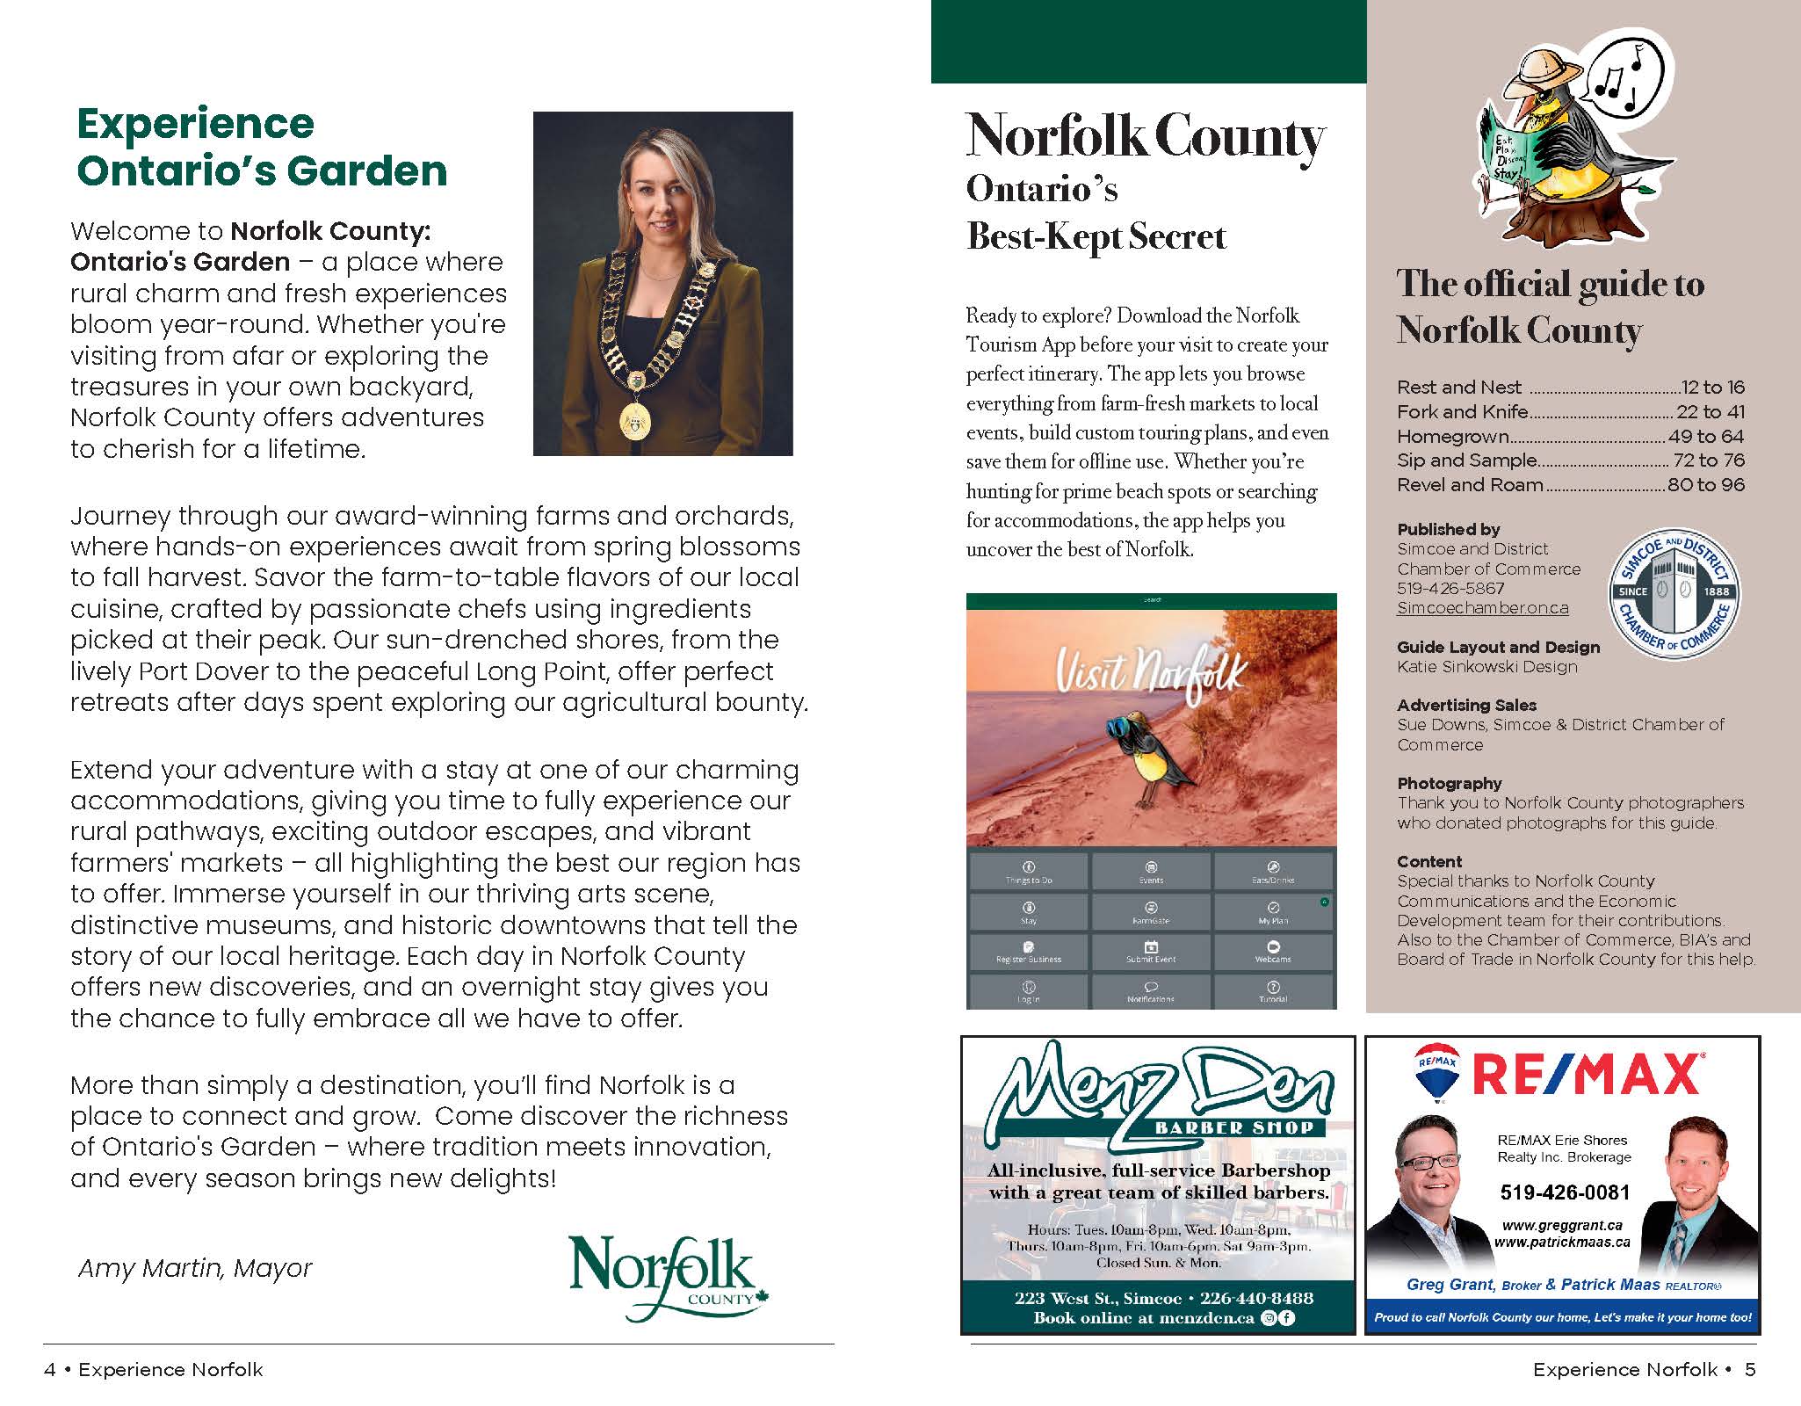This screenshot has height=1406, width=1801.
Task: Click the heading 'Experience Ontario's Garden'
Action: [262, 147]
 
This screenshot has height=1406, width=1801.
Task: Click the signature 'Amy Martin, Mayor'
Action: [195, 1268]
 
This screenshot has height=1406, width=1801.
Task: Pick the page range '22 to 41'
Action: [1711, 411]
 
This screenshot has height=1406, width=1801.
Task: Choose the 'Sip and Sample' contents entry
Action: [1466, 460]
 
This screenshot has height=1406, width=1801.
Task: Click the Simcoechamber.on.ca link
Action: [1482, 608]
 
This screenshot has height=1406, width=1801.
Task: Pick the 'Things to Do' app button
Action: [1029, 872]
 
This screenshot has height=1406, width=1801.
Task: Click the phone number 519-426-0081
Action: [1565, 1192]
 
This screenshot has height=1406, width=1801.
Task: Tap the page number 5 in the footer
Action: [1749, 1369]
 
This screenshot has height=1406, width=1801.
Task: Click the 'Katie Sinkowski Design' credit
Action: [1486, 666]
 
